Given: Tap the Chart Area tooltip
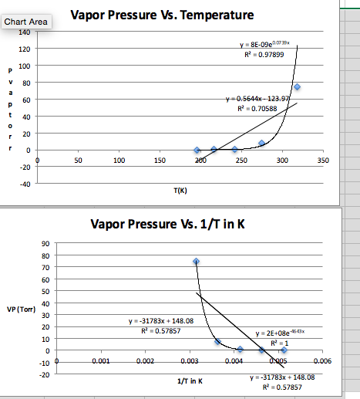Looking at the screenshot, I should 25,22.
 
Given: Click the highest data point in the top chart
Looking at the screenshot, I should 297,87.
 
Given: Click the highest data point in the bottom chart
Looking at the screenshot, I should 196,262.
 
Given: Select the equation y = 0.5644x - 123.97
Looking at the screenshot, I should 257,99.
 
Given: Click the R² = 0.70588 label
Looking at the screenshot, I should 257,110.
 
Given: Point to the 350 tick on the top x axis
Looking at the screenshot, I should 322,160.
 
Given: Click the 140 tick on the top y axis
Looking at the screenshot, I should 25,32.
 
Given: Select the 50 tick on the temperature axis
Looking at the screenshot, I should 79,160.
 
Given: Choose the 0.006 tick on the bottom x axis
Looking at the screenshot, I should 322,360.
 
